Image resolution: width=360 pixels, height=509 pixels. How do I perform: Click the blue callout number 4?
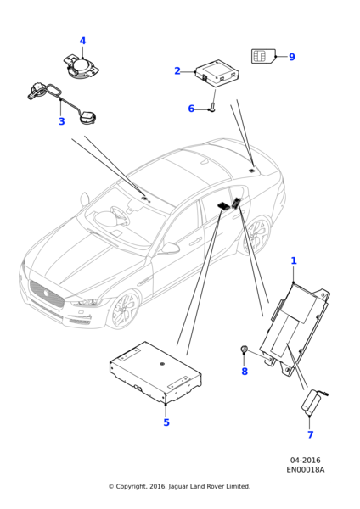click(x=82, y=42)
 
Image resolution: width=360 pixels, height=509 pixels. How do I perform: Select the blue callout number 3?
click(x=61, y=122)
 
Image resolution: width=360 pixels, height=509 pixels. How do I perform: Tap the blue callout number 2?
click(x=177, y=71)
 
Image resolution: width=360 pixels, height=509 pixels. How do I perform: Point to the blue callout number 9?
click(x=292, y=58)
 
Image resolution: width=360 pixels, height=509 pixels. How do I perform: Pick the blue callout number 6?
click(x=191, y=109)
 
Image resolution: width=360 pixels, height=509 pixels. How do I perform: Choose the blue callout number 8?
click(x=245, y=371)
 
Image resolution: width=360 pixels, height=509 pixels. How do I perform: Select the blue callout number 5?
click(x=166, y=422)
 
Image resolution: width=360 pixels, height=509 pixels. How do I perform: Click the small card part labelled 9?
click(x=263, y=56)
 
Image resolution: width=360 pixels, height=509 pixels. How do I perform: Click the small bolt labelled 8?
click(x=244, y=350)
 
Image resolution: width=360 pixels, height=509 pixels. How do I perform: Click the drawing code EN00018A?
click(x=305, y=469)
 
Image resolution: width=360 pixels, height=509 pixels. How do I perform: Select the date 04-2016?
click(x=305, y=460)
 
